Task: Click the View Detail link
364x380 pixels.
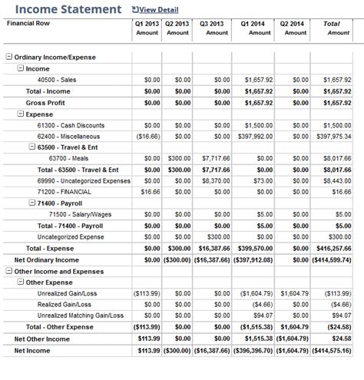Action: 158,10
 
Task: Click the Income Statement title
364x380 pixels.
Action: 68,10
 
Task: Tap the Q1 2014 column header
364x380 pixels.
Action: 254,24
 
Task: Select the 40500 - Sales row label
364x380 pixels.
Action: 58,79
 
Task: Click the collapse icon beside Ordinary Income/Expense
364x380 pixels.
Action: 8,58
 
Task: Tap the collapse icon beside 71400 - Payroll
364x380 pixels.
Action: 31,203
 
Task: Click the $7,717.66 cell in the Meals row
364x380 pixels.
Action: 216,158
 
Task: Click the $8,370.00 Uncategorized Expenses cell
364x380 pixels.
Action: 217,181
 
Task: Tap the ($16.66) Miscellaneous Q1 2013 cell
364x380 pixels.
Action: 145,136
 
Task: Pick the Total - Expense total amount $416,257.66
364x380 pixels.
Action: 333,249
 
